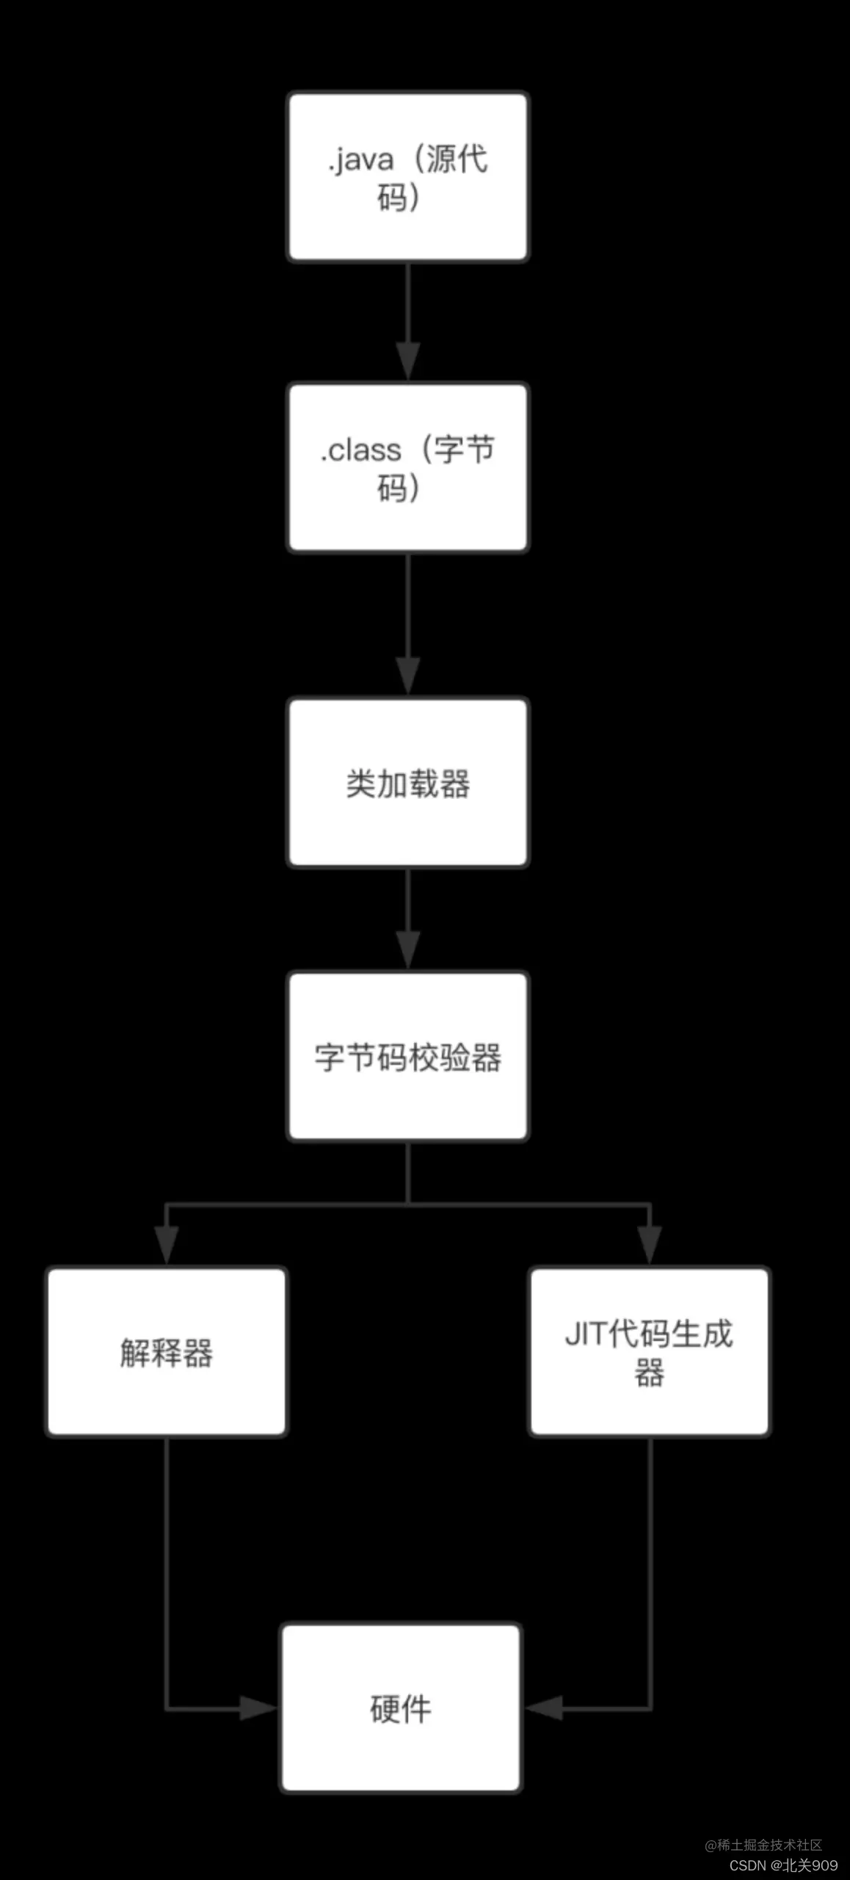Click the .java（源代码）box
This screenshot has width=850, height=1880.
(x=407, y=176)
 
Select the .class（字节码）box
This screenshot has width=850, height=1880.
(x=407, y=467)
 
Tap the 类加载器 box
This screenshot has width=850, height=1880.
(x=407, y=783)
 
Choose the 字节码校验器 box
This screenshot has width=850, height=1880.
(x=407, y=1057)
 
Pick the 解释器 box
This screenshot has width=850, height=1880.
(x=167, y=1352)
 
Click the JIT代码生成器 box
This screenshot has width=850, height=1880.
(x=649, y=1352)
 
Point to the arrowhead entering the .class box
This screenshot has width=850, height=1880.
(x=407, y=361)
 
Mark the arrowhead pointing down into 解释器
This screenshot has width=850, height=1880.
(x=167, y=1245)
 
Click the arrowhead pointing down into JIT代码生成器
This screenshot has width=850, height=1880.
(x=650, y=1245)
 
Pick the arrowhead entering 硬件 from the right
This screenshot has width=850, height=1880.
(x=545, y=1708)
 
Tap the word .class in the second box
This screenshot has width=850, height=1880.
(x=360, y=450)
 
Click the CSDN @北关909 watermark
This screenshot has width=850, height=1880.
(x=783, y=1865)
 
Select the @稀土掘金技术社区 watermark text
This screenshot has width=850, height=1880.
(x=763, y=1845)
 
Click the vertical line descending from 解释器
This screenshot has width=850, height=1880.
(x=167, y=1564)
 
